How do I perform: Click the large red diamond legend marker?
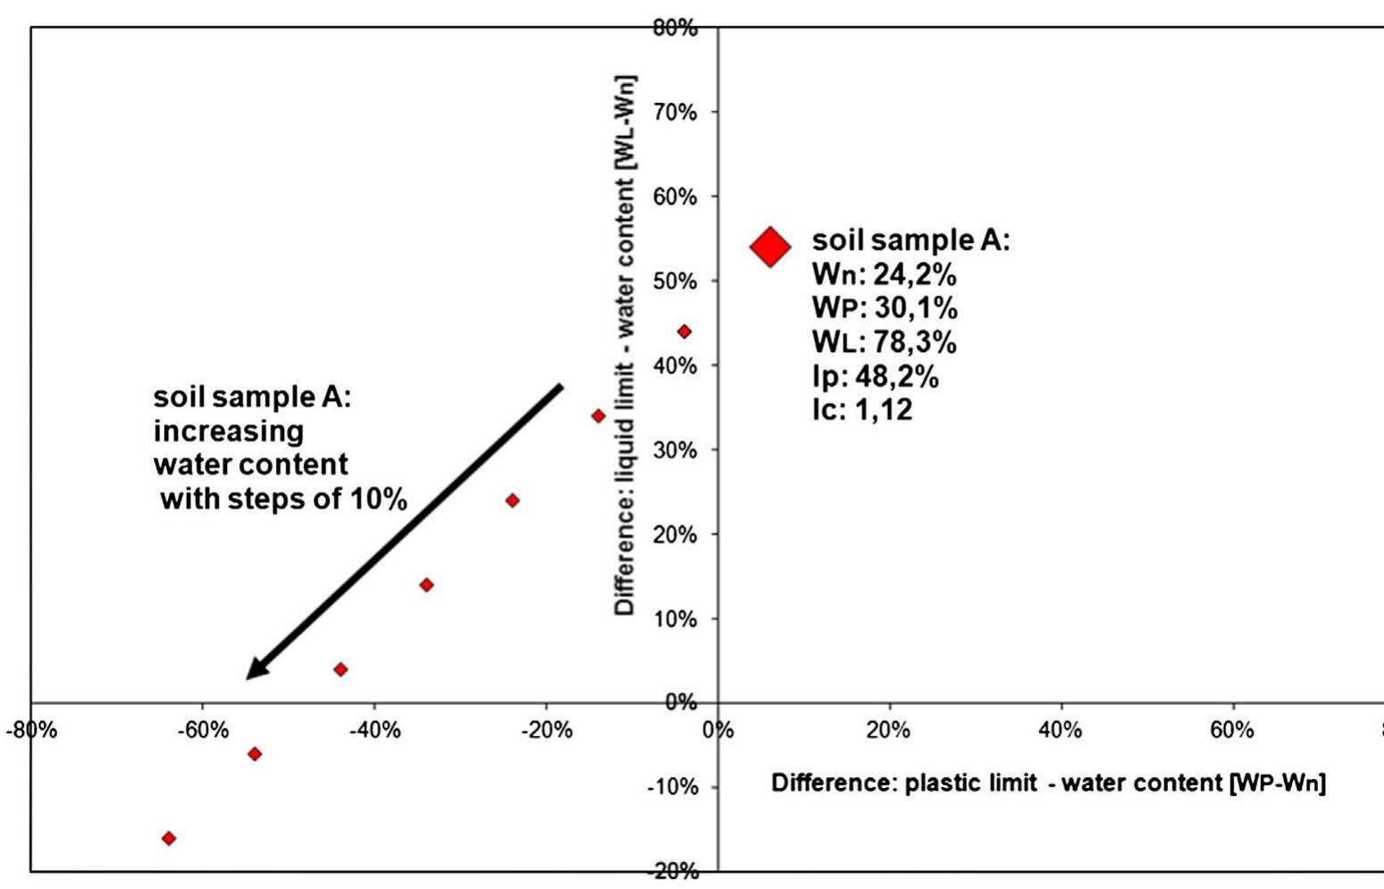[x=770, y=247]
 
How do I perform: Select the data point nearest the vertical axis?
[x=684, y=332]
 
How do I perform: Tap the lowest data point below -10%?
[x=169, y=838]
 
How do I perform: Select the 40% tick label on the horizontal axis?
[x=1061, y=730]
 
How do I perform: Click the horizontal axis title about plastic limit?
[x=1048, y=784]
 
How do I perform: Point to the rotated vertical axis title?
[x=625, y=344]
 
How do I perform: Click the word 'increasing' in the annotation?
[x=229, y=432]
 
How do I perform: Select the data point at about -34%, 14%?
[x=426, y=585]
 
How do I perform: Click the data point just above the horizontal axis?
[x=340, y=669]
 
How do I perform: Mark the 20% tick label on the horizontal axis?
[x=888, y=730]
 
